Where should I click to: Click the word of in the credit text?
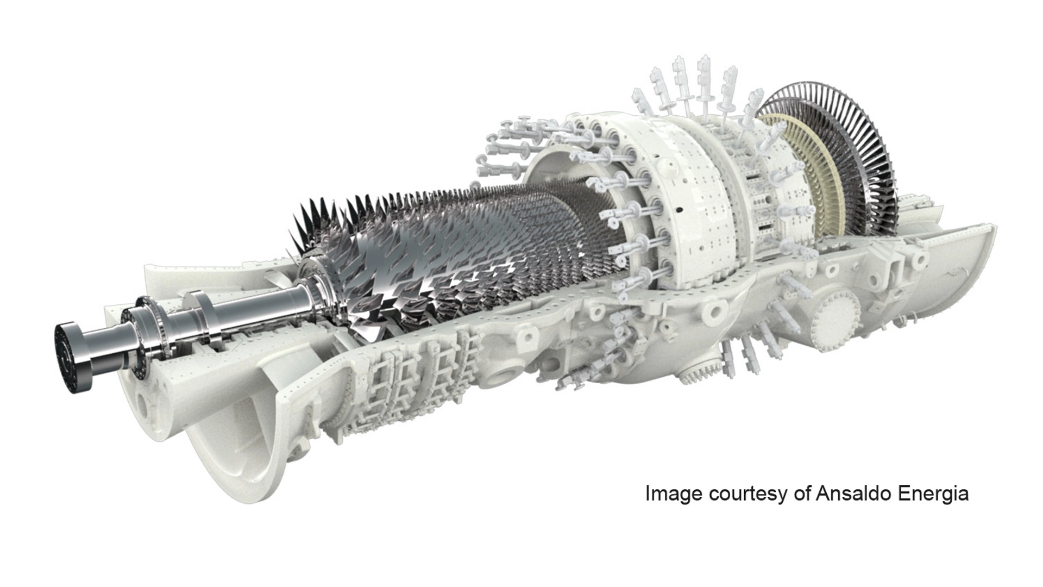coord(801,494)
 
